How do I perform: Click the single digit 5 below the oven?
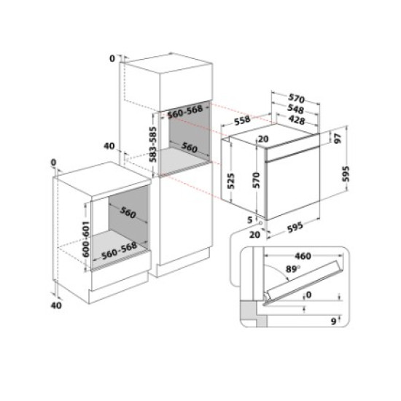[x=249, y=219]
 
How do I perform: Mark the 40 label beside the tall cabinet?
[x=109, y=147]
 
